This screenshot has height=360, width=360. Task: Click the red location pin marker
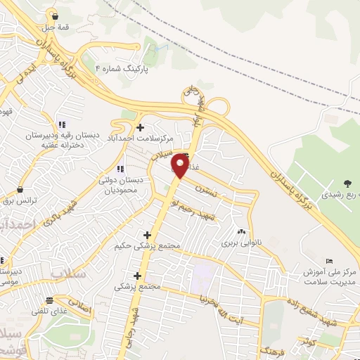[x=181, y=167]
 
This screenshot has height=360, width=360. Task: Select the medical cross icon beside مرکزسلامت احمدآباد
[x=141, y=127]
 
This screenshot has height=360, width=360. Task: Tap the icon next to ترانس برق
[x=20, y=190]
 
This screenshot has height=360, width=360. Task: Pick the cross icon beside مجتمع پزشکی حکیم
[x=147, y=235]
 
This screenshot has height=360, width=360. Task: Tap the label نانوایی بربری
[x=241, y=243]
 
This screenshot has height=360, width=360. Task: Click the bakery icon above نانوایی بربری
[x=242, y=231]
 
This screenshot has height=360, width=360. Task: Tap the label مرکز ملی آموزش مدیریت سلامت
[x=331, y=276]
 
